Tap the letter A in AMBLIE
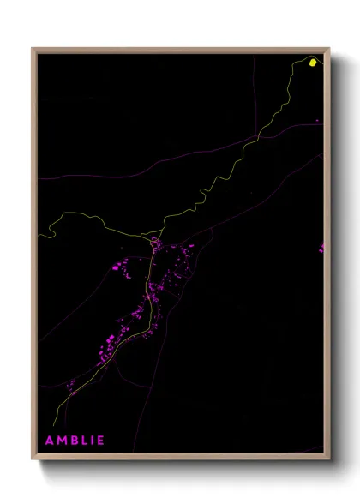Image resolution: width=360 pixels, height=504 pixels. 49,441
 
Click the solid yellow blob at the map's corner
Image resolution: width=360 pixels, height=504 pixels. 313,62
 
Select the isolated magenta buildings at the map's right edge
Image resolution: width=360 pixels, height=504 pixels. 322,248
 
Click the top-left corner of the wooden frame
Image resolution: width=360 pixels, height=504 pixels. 33,49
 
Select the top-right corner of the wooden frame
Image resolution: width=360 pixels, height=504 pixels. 329,49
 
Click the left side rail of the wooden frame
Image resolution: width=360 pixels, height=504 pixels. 33,257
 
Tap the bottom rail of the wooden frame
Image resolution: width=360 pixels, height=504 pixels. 180,458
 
